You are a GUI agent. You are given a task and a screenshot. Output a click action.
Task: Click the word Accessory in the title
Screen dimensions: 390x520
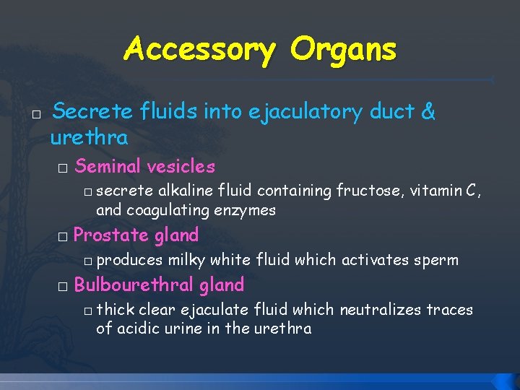click(x=199, y=51)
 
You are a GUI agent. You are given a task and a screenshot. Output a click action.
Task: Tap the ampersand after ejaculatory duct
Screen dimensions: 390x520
click(x=428, y=112)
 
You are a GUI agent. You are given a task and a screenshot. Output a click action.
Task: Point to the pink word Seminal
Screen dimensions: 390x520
click(x=108, y=167)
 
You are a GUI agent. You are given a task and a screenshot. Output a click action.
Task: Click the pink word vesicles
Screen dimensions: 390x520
click(x=181, y=167)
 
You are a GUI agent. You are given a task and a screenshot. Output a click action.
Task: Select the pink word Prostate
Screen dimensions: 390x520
click(x=111, y=235)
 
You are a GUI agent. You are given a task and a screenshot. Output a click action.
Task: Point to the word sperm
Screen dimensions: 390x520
click(x=438, y=260)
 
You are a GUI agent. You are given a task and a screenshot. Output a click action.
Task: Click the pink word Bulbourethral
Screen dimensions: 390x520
click(x=133, y=285)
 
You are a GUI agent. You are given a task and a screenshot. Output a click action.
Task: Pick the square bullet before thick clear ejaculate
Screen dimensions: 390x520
click(x=87, y=311)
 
